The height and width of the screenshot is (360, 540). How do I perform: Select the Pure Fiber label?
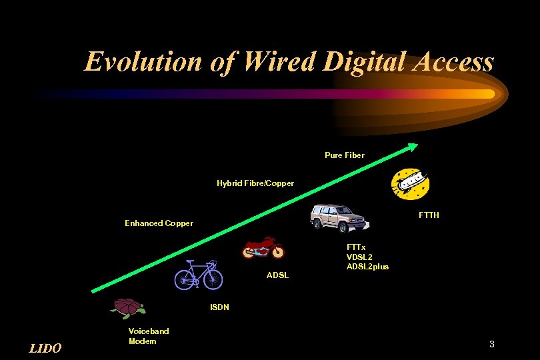345,155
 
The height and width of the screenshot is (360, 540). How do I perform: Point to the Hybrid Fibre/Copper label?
255,183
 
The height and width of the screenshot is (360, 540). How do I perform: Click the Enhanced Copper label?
159,223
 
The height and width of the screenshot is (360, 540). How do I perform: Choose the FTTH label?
429,215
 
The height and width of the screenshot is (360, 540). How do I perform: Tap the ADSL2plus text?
367,267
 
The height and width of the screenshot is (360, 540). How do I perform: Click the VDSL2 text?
359,257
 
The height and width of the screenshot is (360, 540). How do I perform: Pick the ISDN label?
219,307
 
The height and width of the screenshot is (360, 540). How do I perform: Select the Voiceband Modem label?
149,336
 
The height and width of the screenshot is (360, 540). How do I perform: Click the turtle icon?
129,307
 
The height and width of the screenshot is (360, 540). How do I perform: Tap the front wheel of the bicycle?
213,279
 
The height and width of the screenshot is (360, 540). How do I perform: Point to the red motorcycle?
263,247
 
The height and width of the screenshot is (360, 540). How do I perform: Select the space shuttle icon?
409,183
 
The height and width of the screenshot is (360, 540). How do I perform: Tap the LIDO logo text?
46,348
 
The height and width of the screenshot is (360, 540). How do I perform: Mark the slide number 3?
491,345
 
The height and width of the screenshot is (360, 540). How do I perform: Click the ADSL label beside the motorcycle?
277,275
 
